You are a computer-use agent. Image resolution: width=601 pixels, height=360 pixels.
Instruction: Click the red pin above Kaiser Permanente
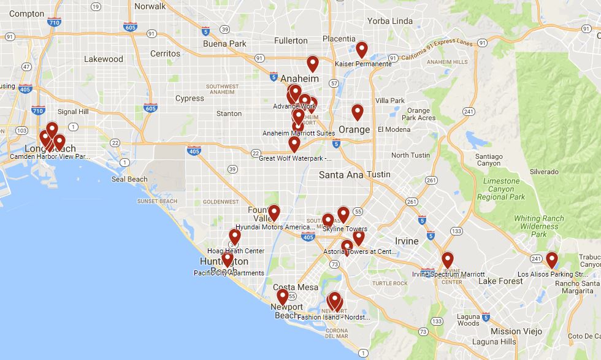[362, 50]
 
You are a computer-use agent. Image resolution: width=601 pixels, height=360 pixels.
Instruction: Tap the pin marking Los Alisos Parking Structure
[552, 260]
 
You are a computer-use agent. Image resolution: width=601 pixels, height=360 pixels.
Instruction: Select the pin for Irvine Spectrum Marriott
[448, 260]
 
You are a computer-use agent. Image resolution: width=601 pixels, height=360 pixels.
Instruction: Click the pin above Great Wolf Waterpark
[294, 144]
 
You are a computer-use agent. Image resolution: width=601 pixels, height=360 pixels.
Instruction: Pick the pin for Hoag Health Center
[235, 237]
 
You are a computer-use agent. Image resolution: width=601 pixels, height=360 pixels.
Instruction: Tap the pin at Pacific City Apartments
[228, 259]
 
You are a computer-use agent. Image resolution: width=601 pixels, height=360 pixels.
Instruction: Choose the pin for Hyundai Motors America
[274, 213]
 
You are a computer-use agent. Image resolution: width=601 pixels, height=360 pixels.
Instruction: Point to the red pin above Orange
[358, 112]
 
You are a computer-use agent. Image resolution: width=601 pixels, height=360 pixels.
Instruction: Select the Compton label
[27, 13]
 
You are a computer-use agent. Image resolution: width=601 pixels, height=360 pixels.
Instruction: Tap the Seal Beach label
[129, 179]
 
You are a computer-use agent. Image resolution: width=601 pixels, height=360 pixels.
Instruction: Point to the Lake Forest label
[501, 281]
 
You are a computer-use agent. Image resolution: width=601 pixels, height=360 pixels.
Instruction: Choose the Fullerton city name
[291, 40]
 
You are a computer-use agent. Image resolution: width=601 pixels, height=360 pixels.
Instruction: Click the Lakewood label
[103, 59]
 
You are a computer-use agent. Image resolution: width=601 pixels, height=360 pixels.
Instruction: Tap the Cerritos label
[165, 54]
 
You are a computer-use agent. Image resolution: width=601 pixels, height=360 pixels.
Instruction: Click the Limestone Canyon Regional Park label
[501, 189]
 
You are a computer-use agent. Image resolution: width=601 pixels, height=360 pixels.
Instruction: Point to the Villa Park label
[390, 101]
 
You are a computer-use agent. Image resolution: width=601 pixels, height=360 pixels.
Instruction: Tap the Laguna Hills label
[489, 342]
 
